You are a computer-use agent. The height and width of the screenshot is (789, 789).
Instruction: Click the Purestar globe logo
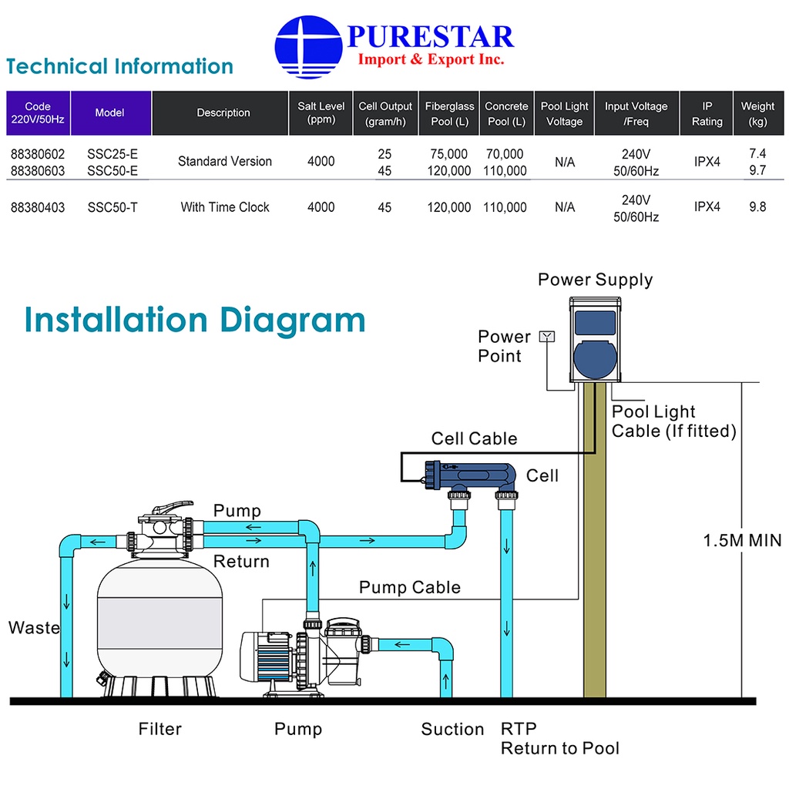tap(308, 48)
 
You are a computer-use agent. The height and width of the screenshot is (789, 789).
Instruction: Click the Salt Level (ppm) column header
tap(321, 113)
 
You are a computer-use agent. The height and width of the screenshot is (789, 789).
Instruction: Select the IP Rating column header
tap(707, 113)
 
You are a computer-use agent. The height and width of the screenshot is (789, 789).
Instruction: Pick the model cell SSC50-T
tap(112, 207)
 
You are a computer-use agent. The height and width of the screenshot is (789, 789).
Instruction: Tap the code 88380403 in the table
tap(38, 207)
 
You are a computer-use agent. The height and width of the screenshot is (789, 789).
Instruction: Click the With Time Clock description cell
tap(225, 207)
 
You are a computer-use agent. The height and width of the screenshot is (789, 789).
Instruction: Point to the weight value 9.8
tap(757, 207)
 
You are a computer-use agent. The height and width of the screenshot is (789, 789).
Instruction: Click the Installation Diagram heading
tap(195, 320)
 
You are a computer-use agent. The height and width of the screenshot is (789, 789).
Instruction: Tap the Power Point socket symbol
tap(548, 336)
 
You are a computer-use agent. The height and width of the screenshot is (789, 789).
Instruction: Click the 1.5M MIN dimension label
tap(742, 540)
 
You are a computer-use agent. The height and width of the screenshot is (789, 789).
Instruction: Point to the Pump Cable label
tap(410, 588)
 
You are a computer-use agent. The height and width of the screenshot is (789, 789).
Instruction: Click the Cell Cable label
tap(474, 439)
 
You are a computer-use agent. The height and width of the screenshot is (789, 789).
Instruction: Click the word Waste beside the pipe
tap(34, 628)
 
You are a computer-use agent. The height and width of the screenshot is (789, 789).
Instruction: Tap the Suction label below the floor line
tap(452, 729)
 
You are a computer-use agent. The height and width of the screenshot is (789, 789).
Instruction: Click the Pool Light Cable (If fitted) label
tap(673, 421)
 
